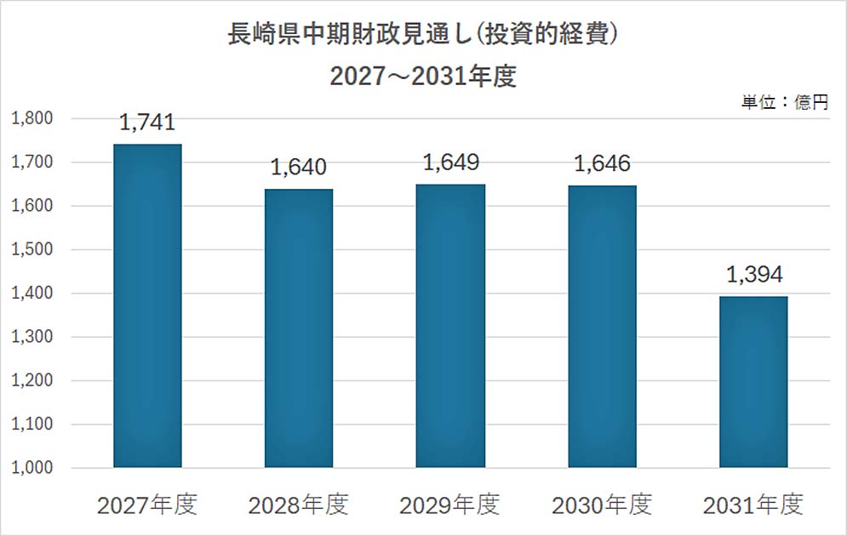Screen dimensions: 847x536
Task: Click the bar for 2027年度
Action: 147,305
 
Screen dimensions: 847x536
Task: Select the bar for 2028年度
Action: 299,328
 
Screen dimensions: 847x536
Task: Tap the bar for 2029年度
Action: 450,326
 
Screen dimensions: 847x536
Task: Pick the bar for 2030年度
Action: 603,327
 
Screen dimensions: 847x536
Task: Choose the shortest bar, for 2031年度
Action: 753,382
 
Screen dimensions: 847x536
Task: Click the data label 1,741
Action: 147,123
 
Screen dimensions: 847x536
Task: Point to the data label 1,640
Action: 299,168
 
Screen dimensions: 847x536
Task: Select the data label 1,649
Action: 451,163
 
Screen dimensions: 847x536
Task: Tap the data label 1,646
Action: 603,163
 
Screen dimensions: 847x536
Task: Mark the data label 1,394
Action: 754,275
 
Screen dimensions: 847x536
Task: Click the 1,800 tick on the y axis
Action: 32,118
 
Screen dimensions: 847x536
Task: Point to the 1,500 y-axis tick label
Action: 32,249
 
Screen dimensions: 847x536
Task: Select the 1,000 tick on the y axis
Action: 32,467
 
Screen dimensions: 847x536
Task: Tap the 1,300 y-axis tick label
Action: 32,337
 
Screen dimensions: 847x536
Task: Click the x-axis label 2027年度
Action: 147,505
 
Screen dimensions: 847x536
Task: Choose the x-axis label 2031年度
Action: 753,505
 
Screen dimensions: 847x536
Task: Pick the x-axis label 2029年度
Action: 450,505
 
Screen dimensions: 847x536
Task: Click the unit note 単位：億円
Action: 785,102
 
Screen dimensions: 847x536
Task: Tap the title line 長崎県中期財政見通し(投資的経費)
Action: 423,34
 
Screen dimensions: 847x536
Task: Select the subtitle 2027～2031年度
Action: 423,76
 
